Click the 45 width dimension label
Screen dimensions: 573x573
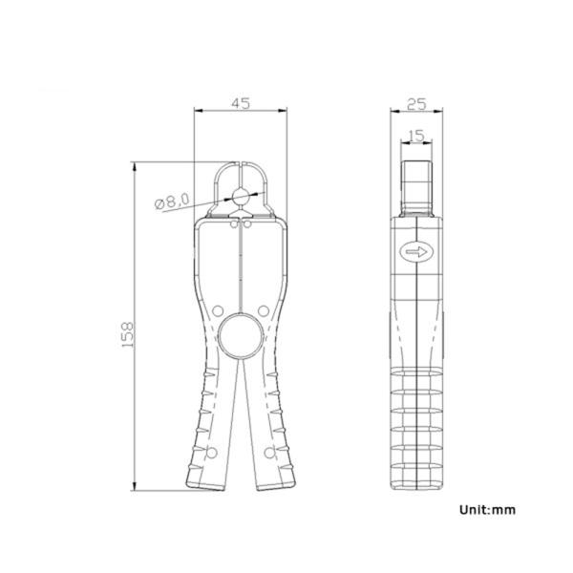[241, 103]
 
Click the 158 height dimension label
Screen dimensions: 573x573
[128, 334]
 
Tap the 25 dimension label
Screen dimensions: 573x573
[416, 104]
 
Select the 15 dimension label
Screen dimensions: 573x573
[416, 136]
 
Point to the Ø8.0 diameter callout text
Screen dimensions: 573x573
[172, 201]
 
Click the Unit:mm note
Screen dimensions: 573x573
[487, 510]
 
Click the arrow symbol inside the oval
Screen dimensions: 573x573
[417, 251]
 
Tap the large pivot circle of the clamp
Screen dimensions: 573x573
[241, 336]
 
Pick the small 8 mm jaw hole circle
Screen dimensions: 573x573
[241, 197]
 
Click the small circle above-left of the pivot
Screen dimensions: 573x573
[218, 311]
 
